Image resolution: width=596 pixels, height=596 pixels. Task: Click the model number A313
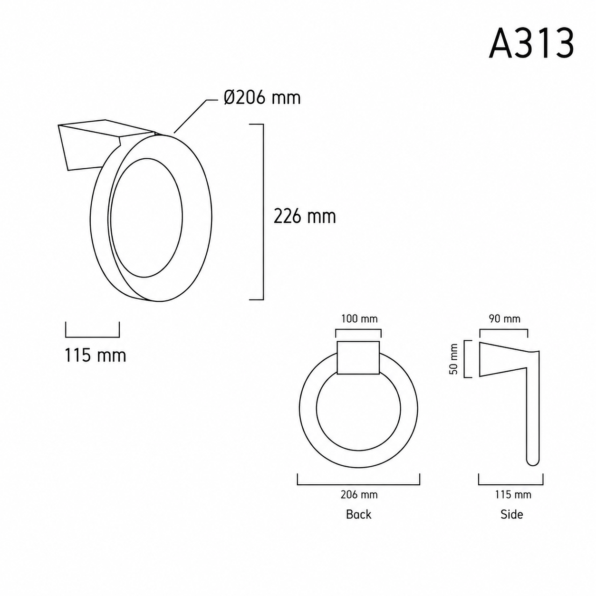[x=531, y=43]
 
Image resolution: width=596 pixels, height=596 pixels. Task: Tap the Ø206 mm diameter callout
[x=262, y=98]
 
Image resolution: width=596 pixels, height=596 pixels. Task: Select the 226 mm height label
[x=305, y=216]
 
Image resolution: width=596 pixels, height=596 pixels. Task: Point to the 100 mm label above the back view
[x=359, y=319]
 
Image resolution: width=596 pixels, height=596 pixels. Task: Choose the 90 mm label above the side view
[x=504, y=319]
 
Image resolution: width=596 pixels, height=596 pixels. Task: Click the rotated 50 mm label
[x=453, y=359]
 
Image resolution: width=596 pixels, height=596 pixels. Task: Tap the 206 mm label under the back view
[x=359, y=495]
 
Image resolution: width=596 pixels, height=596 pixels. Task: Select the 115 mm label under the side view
[x=513, y=495]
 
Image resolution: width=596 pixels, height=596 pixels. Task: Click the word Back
[x=358, y=514]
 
